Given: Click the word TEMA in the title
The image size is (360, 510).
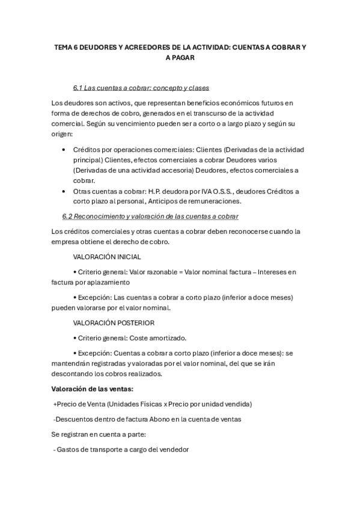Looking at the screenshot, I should [63, 47].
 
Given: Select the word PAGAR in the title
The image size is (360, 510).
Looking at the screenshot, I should [184, 58].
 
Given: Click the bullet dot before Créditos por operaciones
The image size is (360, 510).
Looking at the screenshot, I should [64, 149].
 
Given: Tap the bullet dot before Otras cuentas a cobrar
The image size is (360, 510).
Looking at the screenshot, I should [64, 191].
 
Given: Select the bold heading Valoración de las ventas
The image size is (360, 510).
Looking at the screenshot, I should [93, 389].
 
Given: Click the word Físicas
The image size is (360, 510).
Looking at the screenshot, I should [152, 404].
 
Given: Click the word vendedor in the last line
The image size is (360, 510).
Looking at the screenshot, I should [172, 449].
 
